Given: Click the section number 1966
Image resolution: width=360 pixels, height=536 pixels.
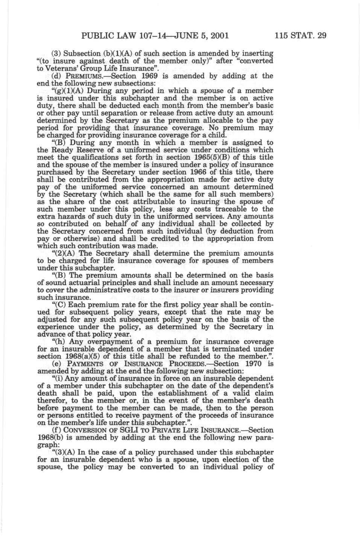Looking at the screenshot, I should tap(181, 172).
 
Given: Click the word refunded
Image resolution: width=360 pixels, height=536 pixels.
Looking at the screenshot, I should tap(185, 356).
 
